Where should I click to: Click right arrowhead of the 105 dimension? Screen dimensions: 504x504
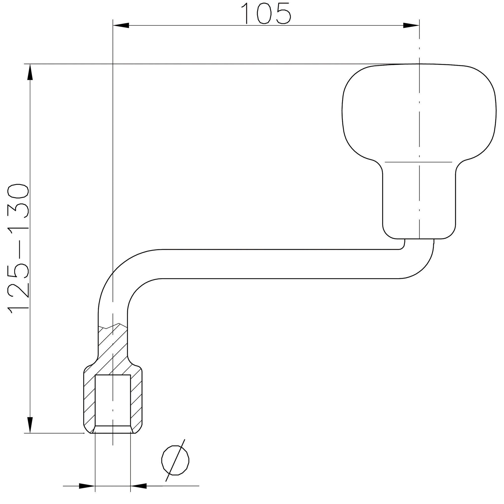tap(411, 25)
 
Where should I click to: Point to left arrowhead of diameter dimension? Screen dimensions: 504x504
tap(87, 486)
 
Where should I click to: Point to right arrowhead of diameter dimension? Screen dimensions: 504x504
tap(139, 486)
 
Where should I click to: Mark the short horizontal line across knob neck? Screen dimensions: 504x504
tap(418, 162)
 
